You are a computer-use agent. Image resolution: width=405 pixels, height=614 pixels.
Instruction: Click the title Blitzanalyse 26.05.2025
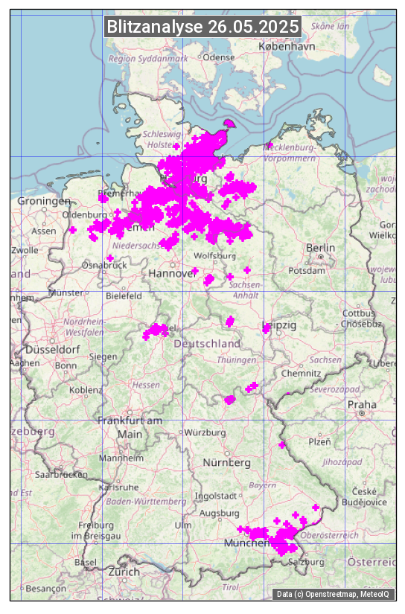202,27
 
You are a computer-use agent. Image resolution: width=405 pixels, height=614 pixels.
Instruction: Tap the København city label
287,46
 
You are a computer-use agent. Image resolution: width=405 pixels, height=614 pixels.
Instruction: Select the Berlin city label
321,248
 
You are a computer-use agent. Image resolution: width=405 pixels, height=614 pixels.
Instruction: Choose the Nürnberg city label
226,463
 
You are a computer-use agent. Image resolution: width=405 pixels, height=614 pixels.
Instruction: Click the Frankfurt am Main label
130,427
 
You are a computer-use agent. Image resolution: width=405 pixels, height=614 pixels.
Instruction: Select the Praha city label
362,404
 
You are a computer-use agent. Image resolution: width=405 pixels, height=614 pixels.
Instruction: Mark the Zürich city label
123,572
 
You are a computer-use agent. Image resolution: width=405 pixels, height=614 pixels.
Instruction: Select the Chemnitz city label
306,372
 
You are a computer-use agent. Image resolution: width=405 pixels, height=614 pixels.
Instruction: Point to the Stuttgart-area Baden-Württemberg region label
147,502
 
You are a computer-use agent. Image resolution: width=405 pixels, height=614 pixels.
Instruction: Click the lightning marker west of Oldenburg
73,230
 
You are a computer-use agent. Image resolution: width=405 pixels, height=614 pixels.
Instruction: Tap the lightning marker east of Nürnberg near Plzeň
281,444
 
